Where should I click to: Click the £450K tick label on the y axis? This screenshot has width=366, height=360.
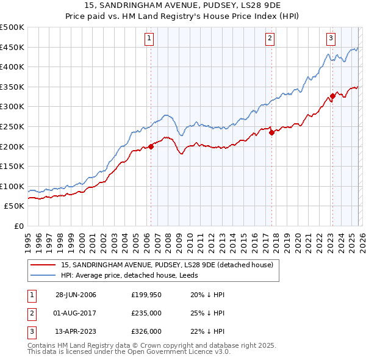tap(12, 48)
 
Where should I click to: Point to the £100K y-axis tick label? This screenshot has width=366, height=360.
tap(12, 186)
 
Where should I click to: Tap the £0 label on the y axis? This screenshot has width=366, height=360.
tap(18, 226)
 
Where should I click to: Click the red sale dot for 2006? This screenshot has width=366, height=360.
tap(151, 146)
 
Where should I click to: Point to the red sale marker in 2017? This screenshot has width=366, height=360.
tap(271, 132)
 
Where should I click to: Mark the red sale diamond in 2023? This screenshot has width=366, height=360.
tap(332, 96)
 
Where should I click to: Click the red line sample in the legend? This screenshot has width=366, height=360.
tap(44, 264)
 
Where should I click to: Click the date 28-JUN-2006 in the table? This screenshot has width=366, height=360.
tap(76, 295)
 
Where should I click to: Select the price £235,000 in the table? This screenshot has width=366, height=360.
tap(146, 313)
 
